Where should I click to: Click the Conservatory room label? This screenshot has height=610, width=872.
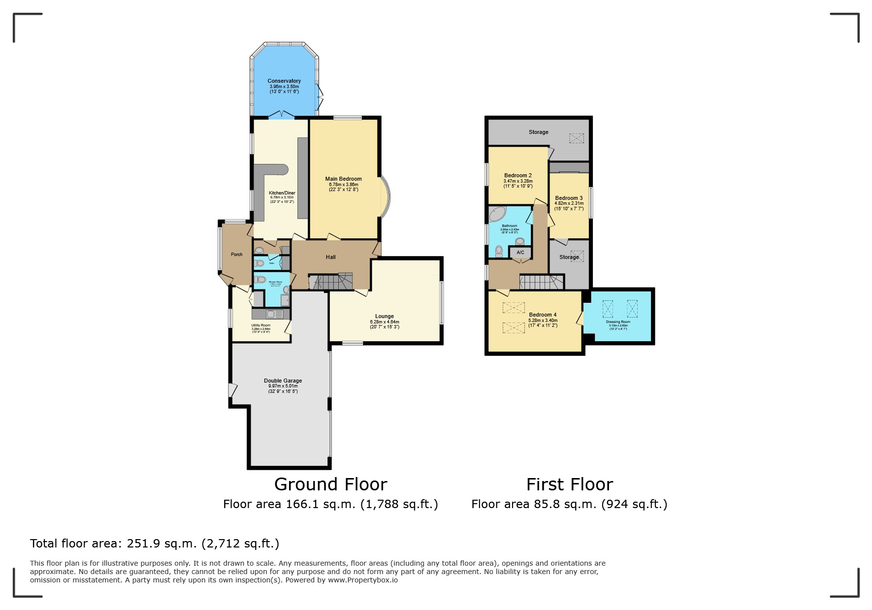coord(284,81)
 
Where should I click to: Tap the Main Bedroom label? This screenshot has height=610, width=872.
coord(343,179)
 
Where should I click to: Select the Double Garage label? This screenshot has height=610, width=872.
coord(283,381)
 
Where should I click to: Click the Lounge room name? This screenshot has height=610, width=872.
coord(384,316)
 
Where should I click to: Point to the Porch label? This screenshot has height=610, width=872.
coord(236,255)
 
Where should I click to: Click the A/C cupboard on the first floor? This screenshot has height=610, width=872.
coord(520,253)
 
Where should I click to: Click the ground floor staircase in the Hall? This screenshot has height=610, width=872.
coord(331,282)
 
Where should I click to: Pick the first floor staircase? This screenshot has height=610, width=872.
coord(541,282)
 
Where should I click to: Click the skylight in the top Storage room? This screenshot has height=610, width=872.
coord(577,138)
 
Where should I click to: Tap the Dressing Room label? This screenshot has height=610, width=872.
coord(618,322)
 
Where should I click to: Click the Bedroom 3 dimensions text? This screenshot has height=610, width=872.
coord(569,206)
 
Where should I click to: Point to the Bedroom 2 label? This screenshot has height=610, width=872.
coord(517,175)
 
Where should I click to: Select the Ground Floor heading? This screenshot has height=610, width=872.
coord(330,484)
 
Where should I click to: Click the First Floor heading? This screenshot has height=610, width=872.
coord(569,484)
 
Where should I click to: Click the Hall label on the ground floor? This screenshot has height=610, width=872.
coord(330,257)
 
